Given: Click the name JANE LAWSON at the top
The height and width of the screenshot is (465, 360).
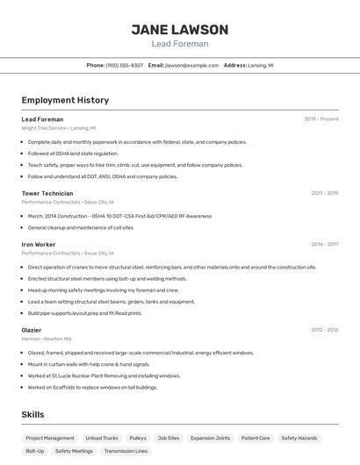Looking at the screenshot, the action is [180, 29].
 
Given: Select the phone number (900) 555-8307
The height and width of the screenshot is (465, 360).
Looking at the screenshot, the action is [125, 65].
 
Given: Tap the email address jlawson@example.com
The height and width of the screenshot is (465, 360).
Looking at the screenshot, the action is [192, 65].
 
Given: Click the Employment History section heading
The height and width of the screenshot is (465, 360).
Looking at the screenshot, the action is [65, 100].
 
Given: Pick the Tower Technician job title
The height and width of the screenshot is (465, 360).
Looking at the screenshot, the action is [47, 193].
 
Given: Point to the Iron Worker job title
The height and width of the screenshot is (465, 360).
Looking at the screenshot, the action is [39, 244].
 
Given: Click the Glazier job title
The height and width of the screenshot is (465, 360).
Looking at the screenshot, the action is [32, 330].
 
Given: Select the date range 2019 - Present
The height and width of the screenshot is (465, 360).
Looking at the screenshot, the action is [321, 119].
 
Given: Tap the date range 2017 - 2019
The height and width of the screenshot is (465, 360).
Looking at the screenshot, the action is [325, 193].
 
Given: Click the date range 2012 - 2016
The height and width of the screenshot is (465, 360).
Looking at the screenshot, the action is [325, 330].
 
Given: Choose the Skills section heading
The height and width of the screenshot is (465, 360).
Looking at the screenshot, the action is [33, 414].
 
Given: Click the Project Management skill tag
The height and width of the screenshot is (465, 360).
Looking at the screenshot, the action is [50, 438].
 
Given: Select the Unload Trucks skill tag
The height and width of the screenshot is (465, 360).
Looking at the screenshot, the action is [102, 438].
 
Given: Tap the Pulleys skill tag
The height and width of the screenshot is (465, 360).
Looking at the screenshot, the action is [138, 438].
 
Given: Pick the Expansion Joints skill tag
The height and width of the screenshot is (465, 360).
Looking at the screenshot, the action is [210, 438].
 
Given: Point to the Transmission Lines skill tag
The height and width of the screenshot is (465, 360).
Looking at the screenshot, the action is [126, 451].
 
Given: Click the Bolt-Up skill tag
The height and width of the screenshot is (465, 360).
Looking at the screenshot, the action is [35, 451].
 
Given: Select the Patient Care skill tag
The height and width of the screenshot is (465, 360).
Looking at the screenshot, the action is [256, 438].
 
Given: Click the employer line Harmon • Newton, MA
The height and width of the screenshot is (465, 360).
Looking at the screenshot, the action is [47, 339].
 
